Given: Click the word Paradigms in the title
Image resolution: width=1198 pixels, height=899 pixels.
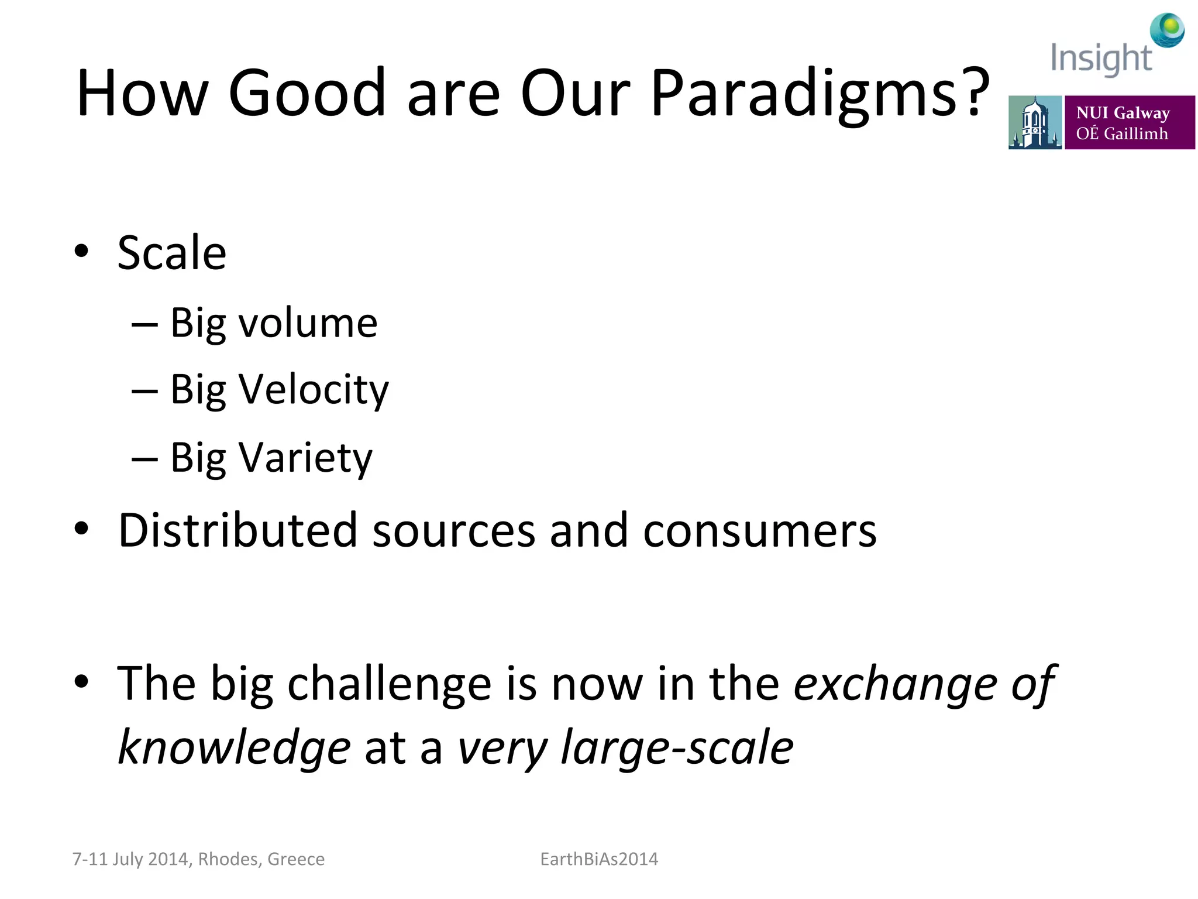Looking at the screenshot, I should (819, 94).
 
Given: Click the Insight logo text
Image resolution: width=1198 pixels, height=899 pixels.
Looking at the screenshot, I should (1101, 59).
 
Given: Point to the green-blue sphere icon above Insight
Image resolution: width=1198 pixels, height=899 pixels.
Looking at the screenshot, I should (1167, 30).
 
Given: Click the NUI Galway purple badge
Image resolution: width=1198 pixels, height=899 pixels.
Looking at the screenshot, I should (1129, 122).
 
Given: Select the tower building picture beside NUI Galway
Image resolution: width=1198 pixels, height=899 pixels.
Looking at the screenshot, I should (1035, 122).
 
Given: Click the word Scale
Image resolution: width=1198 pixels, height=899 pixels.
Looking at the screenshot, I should (171, 253).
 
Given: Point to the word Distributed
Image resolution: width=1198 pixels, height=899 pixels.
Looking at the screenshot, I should (237, 530).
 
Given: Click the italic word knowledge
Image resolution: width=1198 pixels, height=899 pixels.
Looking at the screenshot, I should (234, 748).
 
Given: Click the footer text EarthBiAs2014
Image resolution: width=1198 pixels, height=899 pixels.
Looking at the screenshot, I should (598, 859).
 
